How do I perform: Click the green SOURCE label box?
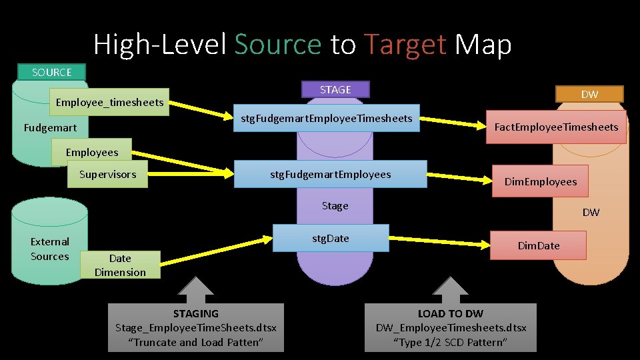(52, 72)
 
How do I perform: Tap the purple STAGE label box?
(335, 89)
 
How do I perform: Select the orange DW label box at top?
(589, 95)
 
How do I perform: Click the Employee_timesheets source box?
(110, 102)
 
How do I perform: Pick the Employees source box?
(92, 152)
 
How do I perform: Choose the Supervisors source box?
(107, 175)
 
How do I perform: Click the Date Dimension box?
(120, 265)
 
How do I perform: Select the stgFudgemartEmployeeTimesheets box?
(326, 119)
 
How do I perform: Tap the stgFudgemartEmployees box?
(330, 175)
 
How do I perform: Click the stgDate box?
(331, 238)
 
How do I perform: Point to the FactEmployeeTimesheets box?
(556, 127)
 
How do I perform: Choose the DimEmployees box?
(540, 181)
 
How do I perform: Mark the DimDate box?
(539, 245)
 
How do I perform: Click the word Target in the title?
(405, 45)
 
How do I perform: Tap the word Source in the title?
(277, 45)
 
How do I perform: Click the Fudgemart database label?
(50, 127)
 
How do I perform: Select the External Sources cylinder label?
(50, 249)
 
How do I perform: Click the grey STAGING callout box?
(196, 327)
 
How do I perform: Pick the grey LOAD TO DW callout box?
(451, 327)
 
